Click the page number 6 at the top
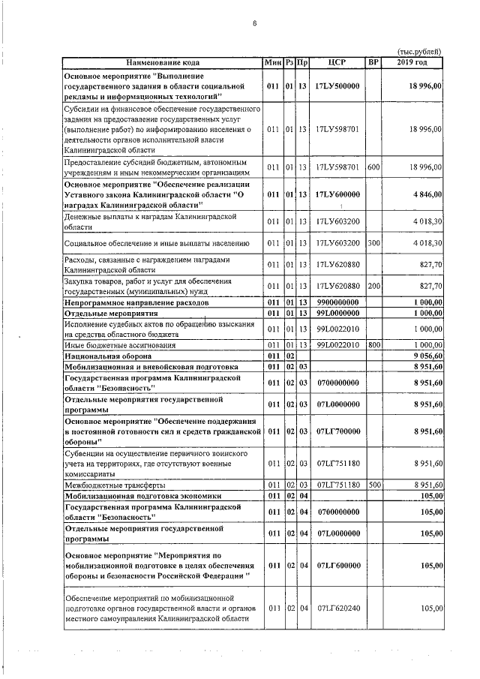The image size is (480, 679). tap(254, 23)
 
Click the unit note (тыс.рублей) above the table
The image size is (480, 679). tap(418, 51)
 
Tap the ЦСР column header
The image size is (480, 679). tap(337, 62)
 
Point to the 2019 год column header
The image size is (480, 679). tap(415, 62)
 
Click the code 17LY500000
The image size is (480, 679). tap(337, 86)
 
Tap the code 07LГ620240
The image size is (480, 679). tap(337, 609)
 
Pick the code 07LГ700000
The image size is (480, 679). tap(337, 432)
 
